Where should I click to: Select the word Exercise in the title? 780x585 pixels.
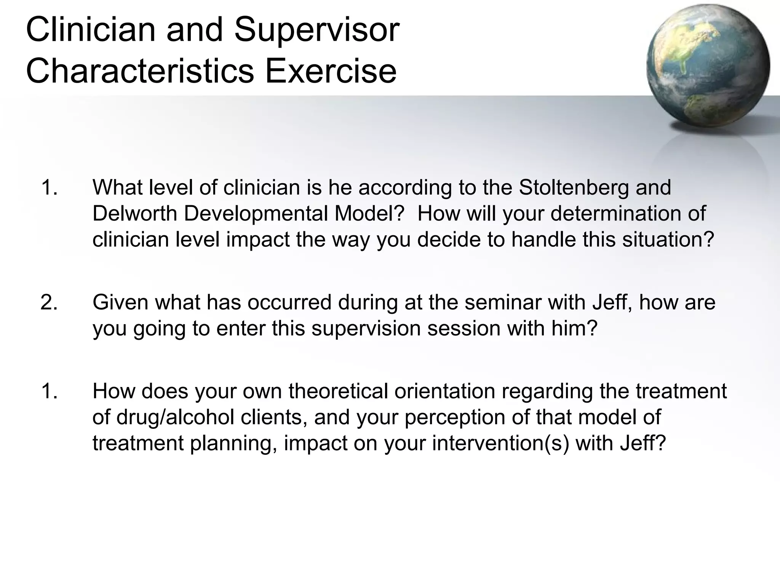(x=331, y=71)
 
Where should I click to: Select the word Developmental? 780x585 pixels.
(x=256, y=213)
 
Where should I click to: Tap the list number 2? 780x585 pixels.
(x=49, y=302)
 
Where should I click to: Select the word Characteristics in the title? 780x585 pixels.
(x=140, y=71)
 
